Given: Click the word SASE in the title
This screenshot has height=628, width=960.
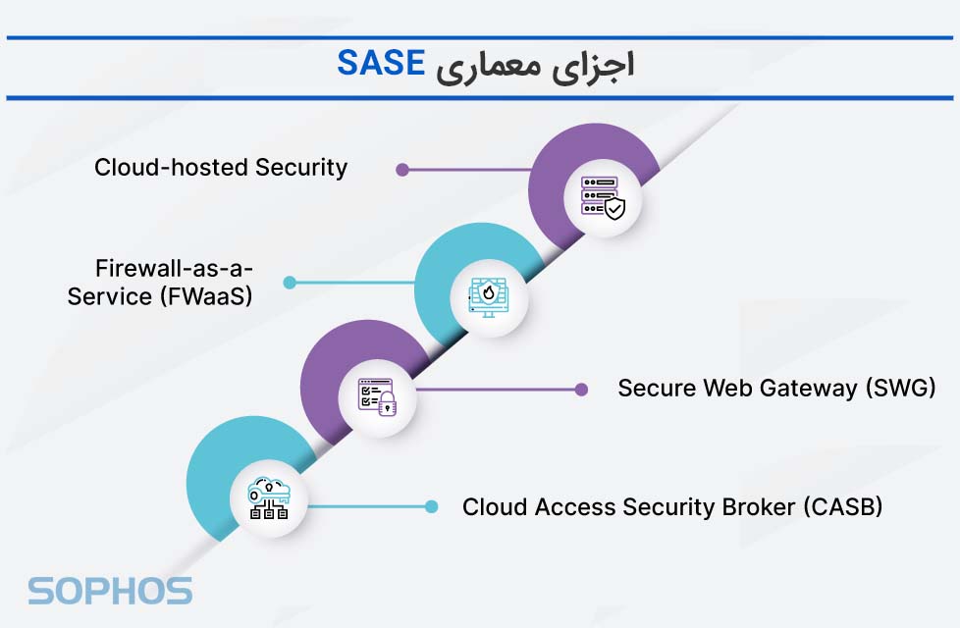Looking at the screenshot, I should [381, 64].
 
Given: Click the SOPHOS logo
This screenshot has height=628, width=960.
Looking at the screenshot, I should [110, 591].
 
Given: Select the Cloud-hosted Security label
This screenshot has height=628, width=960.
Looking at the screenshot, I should [221, 168].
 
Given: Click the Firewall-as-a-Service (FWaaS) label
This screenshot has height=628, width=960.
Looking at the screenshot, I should [160, 282].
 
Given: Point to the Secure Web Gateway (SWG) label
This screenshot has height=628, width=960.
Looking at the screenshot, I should [775, 389].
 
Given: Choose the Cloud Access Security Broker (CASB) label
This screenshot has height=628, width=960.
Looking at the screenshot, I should [672, 507].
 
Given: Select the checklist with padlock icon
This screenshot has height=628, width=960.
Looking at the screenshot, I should [377, 397].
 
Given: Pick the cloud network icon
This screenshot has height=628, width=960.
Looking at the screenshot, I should [268, 498].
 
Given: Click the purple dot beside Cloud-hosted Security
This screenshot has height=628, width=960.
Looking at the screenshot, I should [401, 169].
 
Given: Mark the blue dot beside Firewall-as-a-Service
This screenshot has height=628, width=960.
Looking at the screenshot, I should [290, 283].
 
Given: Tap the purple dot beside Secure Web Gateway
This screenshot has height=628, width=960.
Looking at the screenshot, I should [581, 390].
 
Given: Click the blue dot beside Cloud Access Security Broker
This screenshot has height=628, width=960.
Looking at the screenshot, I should [431, 507].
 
